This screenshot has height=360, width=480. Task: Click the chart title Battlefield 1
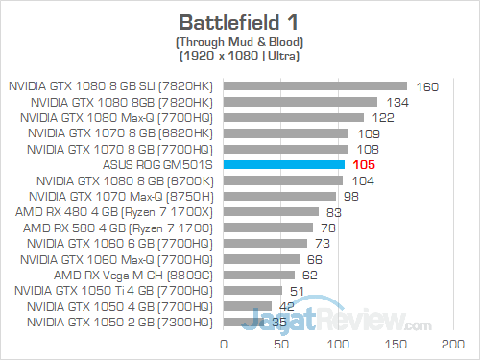[x=239, y=20]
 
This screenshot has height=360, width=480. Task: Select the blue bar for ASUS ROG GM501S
[x=283, y=165]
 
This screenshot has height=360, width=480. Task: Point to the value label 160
[x=427, y=86]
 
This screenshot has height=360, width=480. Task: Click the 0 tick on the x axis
[x=224, y=342]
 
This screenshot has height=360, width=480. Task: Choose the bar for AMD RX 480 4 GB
[x=271, y=212]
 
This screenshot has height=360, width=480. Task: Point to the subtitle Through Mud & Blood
[x=239, y=42]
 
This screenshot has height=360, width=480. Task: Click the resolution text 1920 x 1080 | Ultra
[x=239, y=57]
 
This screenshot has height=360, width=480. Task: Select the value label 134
[x=397, y=102]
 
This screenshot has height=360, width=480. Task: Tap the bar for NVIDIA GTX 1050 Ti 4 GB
[x=252, y=290]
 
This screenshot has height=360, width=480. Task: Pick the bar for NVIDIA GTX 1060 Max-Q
[x=261, y=259]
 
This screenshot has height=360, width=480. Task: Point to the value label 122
[x=383, y=118]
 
